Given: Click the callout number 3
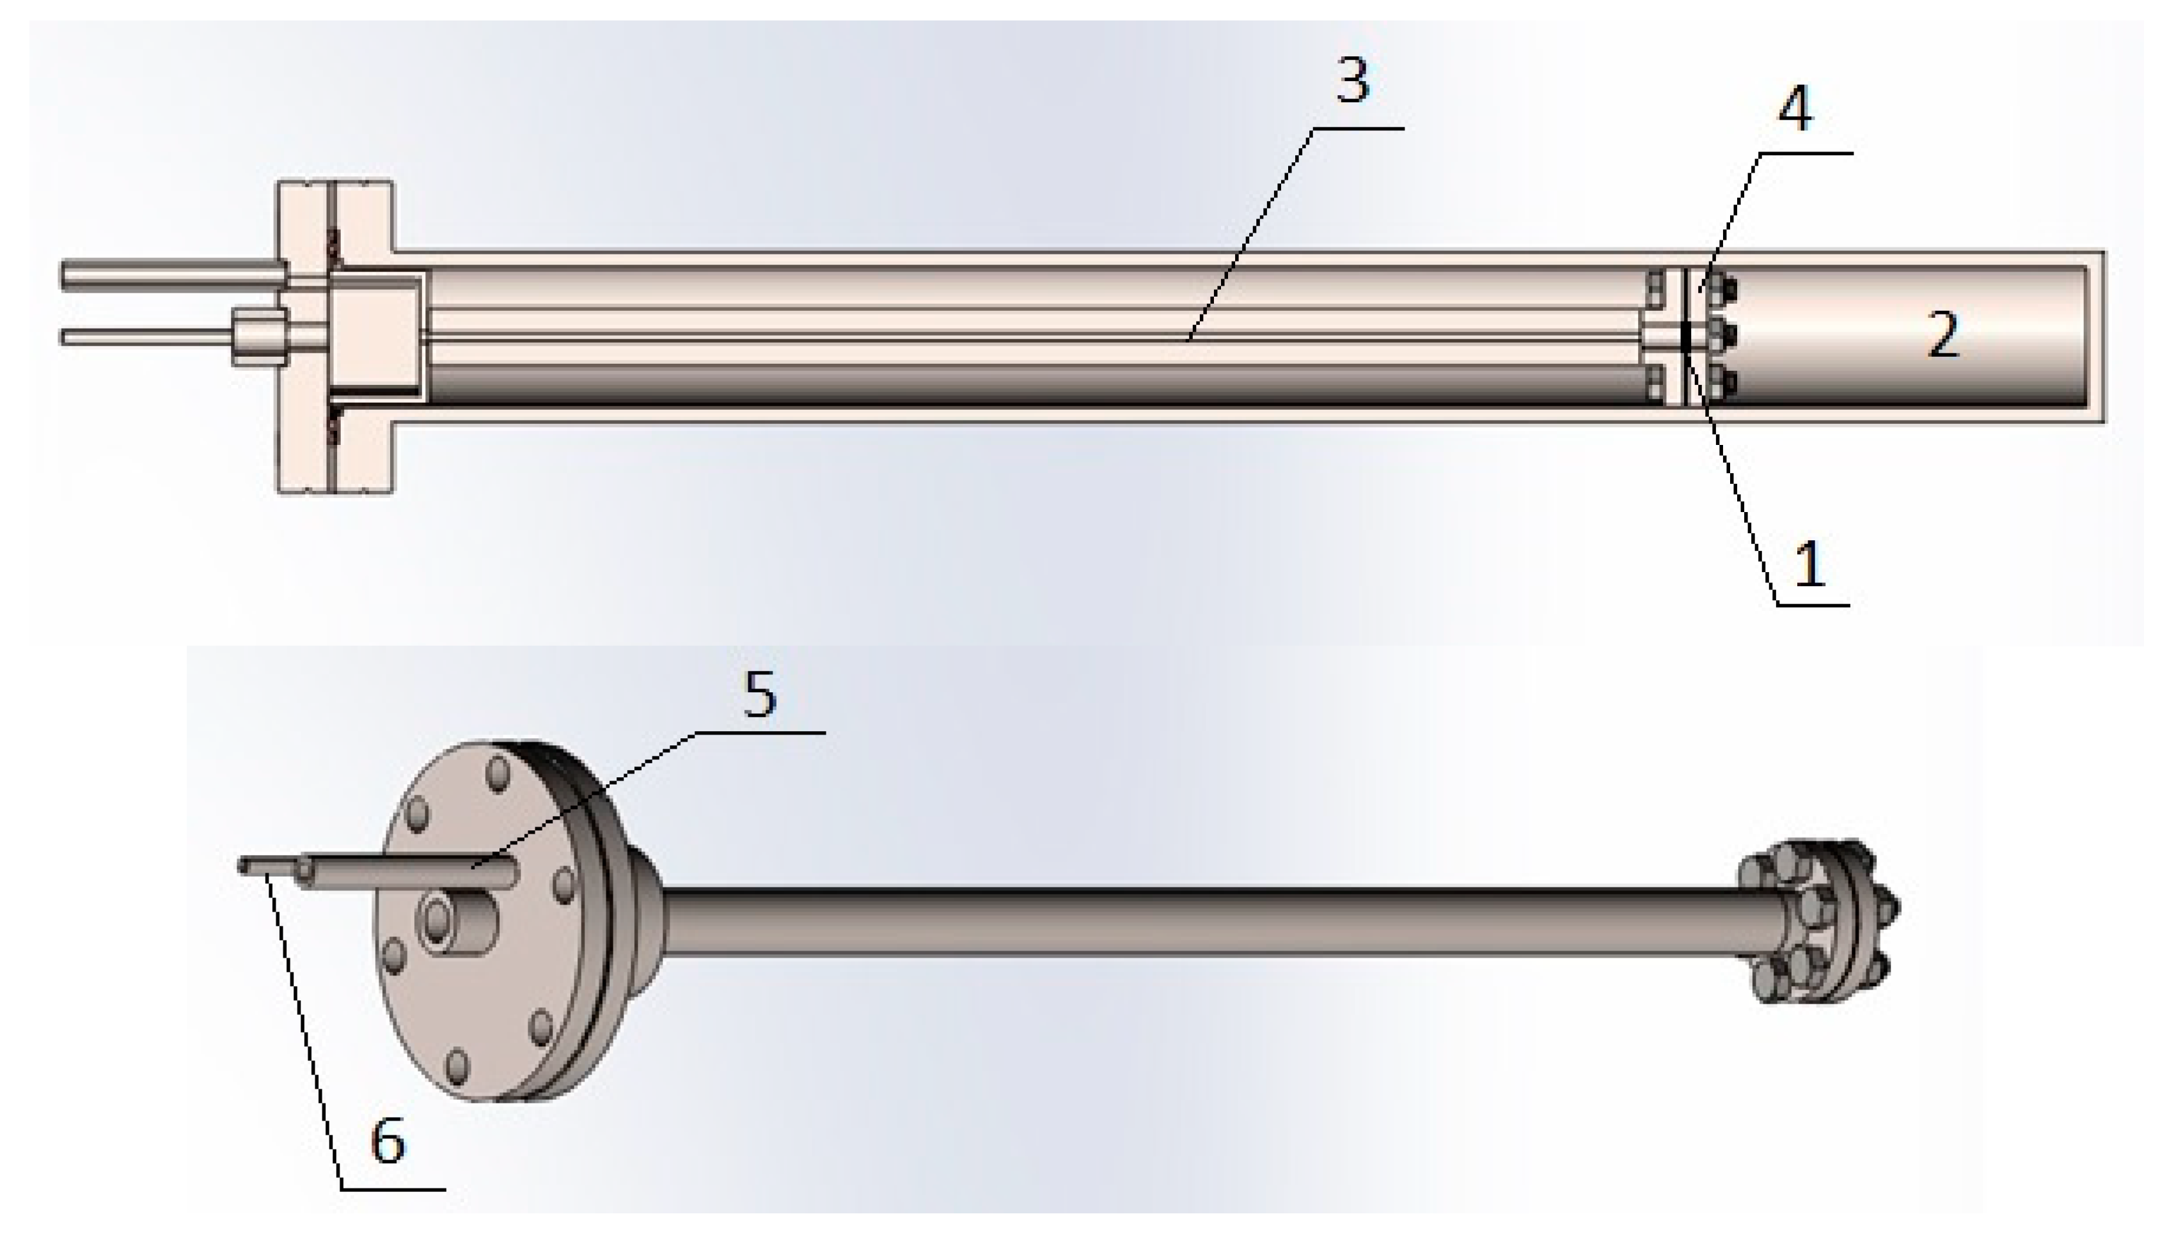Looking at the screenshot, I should [x=1353, y=83].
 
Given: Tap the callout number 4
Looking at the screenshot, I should [x=1795, y=109].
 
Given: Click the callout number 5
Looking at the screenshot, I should [x=760, y=694].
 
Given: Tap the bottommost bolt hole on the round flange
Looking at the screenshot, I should [x=457, y=1066].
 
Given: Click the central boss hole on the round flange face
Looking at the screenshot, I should [x=439, y=919].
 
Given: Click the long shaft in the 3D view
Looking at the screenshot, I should [x=1190, y=922].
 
